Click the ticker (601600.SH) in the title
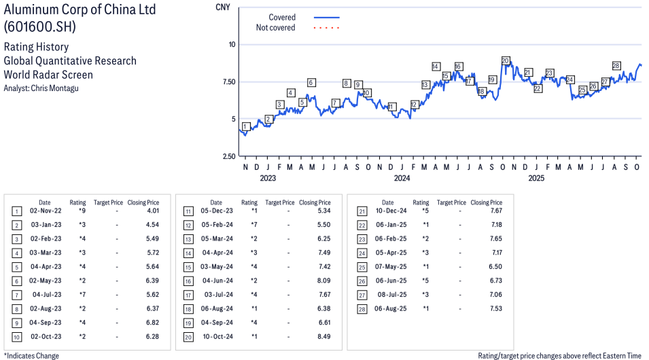[40, 27]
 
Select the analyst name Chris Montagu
[50, 88]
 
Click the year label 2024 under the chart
[402, 179]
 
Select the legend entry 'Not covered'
[275, 28]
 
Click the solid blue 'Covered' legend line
[327, 17]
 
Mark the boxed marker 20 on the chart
[505, 61]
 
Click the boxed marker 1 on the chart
[245, 126]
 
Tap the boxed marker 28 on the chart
[616, 66]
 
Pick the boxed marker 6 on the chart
[311, 83]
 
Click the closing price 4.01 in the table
[153, 212]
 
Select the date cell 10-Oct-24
[215, 337]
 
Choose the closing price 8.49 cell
[324, 337]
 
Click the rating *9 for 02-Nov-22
[81, 212]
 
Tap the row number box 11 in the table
[187, 212]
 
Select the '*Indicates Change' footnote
[31, 355]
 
